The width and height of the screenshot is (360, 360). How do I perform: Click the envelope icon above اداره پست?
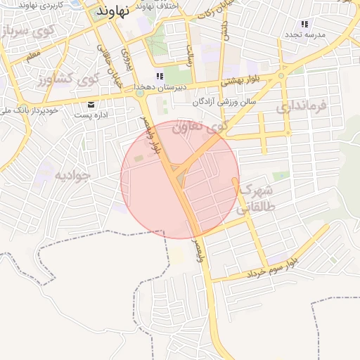tap(92, 105)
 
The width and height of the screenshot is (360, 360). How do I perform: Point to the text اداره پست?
tap(91, 114)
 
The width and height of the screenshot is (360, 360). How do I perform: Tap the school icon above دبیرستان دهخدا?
tap(160, 76)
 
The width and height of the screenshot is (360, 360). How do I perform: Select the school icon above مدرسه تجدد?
tap(304, 25)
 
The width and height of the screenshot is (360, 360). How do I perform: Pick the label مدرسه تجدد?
tap(304, 34)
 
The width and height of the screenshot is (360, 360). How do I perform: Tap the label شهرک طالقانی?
tap(257, 199)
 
